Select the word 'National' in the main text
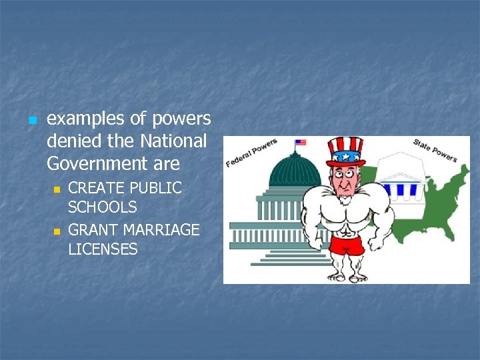point(173,141)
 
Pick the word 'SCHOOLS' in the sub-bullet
point(103,207)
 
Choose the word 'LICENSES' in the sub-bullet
point(103,249)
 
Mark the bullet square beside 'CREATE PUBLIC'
point(57,189)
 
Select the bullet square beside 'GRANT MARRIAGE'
point(57,231)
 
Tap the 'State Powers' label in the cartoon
point(435,150)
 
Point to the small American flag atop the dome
point(301,142)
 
